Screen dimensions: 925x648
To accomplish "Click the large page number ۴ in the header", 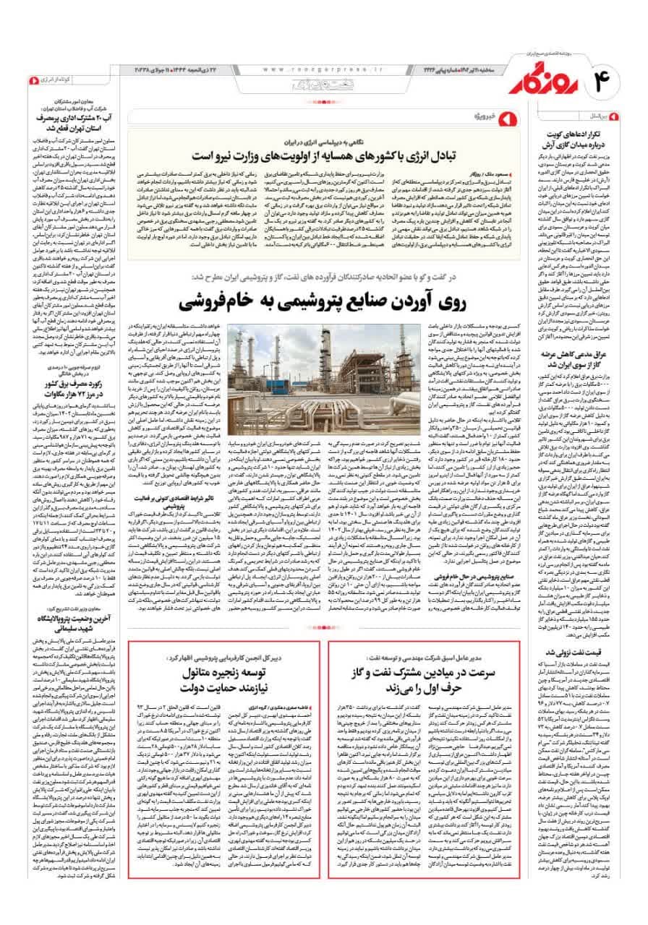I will (x=606, y=79).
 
